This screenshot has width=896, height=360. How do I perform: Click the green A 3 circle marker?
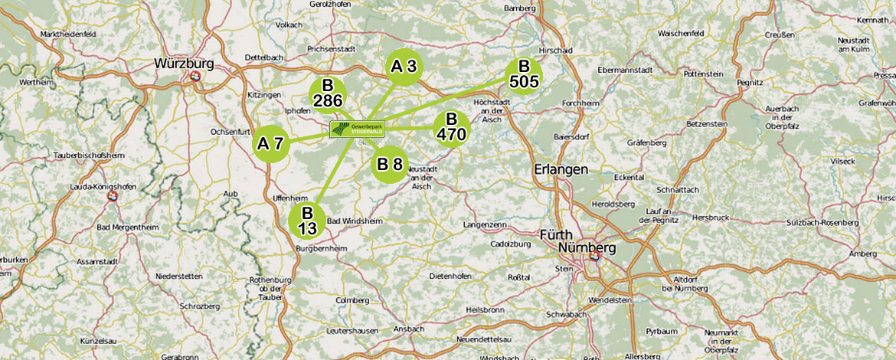click(404, 67)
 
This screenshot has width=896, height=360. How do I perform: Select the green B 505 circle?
click(525, 74)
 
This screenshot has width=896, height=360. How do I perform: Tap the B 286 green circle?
click(328, 95)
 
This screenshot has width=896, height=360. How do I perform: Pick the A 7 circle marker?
click(271, 143)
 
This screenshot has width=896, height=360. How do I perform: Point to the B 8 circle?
click(390, 164)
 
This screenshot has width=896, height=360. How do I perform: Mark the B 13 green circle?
click(307, 221)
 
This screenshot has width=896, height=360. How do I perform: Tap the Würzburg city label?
click(184, 63)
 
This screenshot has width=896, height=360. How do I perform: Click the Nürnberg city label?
click(587, 248)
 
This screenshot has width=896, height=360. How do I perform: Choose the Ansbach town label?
click(409, 329)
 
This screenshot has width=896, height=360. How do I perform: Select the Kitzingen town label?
click(264, 94)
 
